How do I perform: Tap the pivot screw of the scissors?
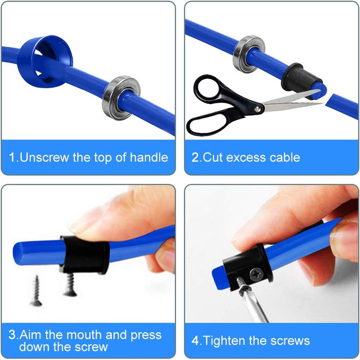(257, 109)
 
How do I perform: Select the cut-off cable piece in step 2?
(343, 106)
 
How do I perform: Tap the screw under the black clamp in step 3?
(70, 284)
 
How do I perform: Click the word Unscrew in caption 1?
(44, 157)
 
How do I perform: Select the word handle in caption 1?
(149, 157)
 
